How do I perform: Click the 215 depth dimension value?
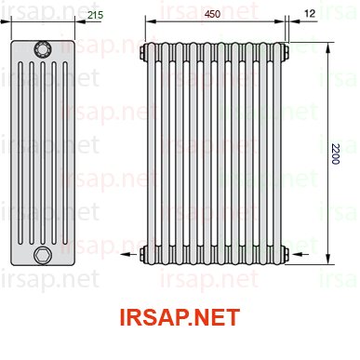pos(95,15)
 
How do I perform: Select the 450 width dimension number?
pos(212,14)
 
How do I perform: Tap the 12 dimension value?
pos(310,13)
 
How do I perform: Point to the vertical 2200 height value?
pos(335,153)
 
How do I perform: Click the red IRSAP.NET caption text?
pos(180,317)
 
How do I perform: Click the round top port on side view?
pos(43,49)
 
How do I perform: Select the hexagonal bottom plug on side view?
pos(43,255)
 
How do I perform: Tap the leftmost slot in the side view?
pos(20,153)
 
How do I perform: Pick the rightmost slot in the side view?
pos(65,153)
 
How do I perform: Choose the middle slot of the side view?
pos(43,153)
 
